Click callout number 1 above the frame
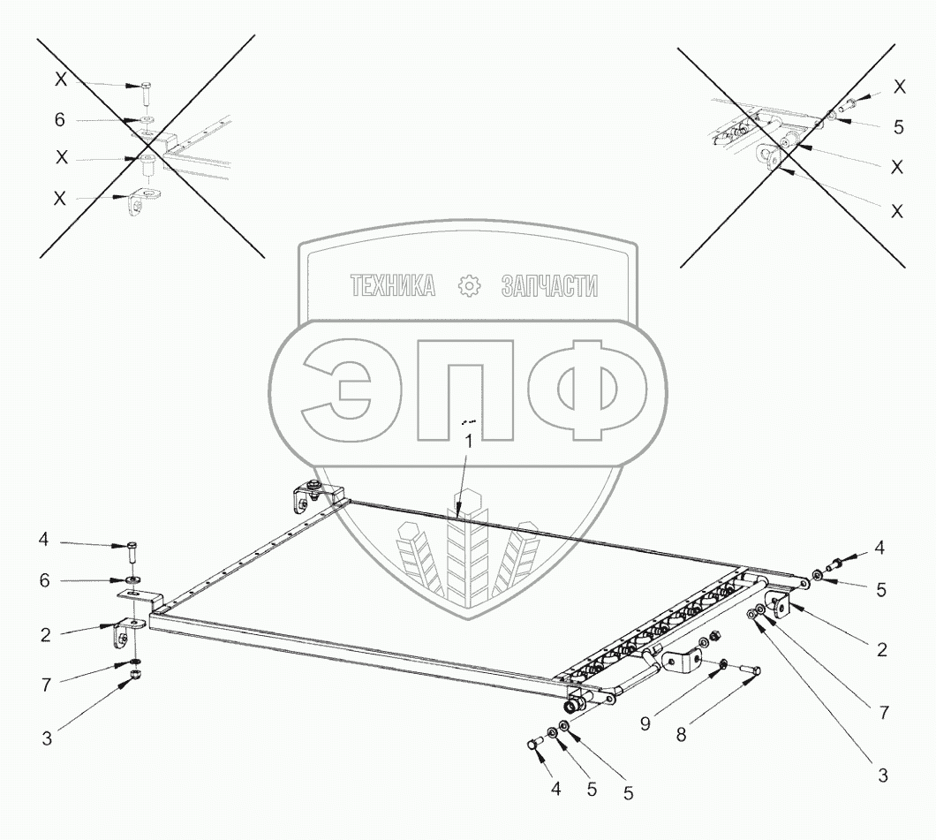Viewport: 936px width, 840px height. click(x=469, y=441)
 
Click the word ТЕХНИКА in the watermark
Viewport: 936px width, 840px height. click(x=393, y=286)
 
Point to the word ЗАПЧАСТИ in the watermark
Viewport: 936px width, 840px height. click(x=549, y=286)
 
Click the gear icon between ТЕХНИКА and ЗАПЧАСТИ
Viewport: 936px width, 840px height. click(x=470, y=285)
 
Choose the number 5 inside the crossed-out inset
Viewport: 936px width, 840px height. click(x=898, y=126)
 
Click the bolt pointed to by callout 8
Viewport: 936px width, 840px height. click(x=748, y=676)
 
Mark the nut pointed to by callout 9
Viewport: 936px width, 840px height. click(x=723, y=662)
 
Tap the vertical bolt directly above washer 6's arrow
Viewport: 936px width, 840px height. click(x=132, y=554)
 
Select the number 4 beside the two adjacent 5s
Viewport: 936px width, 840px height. click(x=555, y=788)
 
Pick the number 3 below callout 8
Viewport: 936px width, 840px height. click(x=881, y=776)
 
